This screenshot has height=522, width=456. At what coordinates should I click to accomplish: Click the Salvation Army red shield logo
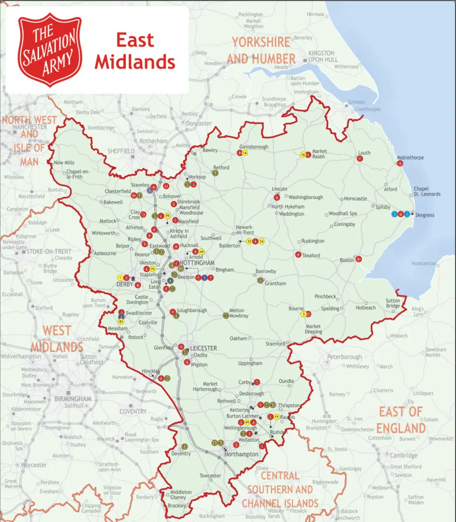[x=50, y=50]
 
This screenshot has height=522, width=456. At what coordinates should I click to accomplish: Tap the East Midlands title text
[x=135, y=51]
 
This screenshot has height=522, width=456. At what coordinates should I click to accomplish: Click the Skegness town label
[x=424, y=215]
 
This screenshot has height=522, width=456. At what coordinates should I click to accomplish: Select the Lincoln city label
[x=279, y=189]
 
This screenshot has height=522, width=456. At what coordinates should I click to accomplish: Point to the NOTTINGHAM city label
[x=197, y=262]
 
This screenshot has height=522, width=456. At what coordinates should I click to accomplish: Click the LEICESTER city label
[x=203, y=348]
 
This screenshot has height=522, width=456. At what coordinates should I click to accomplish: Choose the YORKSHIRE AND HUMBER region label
[x=261, y=50]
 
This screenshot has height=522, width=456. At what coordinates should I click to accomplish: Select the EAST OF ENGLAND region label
[x=401, y=420]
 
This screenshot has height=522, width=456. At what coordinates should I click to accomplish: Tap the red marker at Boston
[x=358, y=259]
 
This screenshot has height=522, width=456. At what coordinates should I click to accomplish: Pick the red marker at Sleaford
[x=298, y=254]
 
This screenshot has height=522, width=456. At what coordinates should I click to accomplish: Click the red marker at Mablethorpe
[x=400, y=163]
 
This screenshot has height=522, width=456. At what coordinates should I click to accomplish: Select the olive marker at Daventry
[x=184, y=446]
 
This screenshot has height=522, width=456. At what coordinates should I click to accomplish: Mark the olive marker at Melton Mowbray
[x=226, y=316]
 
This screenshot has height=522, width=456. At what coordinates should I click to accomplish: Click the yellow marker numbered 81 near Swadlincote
[x=121, y=321]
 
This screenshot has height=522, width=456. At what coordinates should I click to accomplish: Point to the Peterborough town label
[x=344, y=357]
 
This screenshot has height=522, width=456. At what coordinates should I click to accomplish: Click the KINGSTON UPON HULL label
[x=321, y=56]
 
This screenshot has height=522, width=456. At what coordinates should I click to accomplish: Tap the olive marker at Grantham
[x=260, y=280]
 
